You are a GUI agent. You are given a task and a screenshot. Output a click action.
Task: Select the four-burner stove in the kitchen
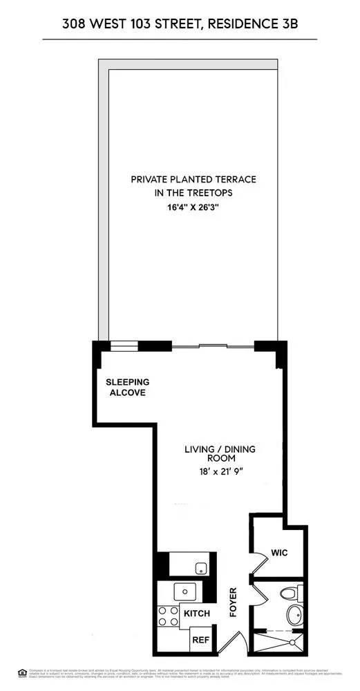coord(168,614)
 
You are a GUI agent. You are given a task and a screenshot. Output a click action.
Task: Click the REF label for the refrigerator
coord(200,640)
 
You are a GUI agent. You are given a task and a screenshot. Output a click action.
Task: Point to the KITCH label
coord(197,614)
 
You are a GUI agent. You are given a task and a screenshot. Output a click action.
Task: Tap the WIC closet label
coord(279,553)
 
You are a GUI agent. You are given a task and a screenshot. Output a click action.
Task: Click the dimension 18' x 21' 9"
coord(219,473)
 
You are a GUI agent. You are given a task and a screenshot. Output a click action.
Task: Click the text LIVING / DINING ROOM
coord(219,453)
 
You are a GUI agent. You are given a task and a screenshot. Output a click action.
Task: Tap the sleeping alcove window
coord(124,346)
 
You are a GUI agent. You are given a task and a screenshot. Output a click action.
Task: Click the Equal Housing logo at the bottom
coord(23,672)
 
